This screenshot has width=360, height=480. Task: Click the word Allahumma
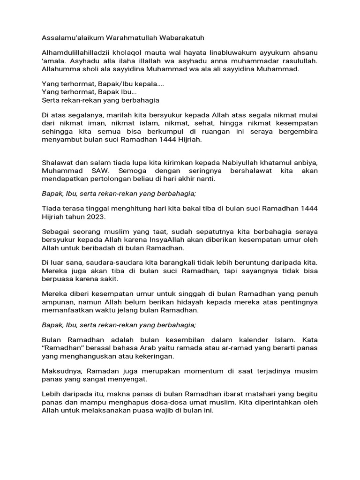59,69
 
